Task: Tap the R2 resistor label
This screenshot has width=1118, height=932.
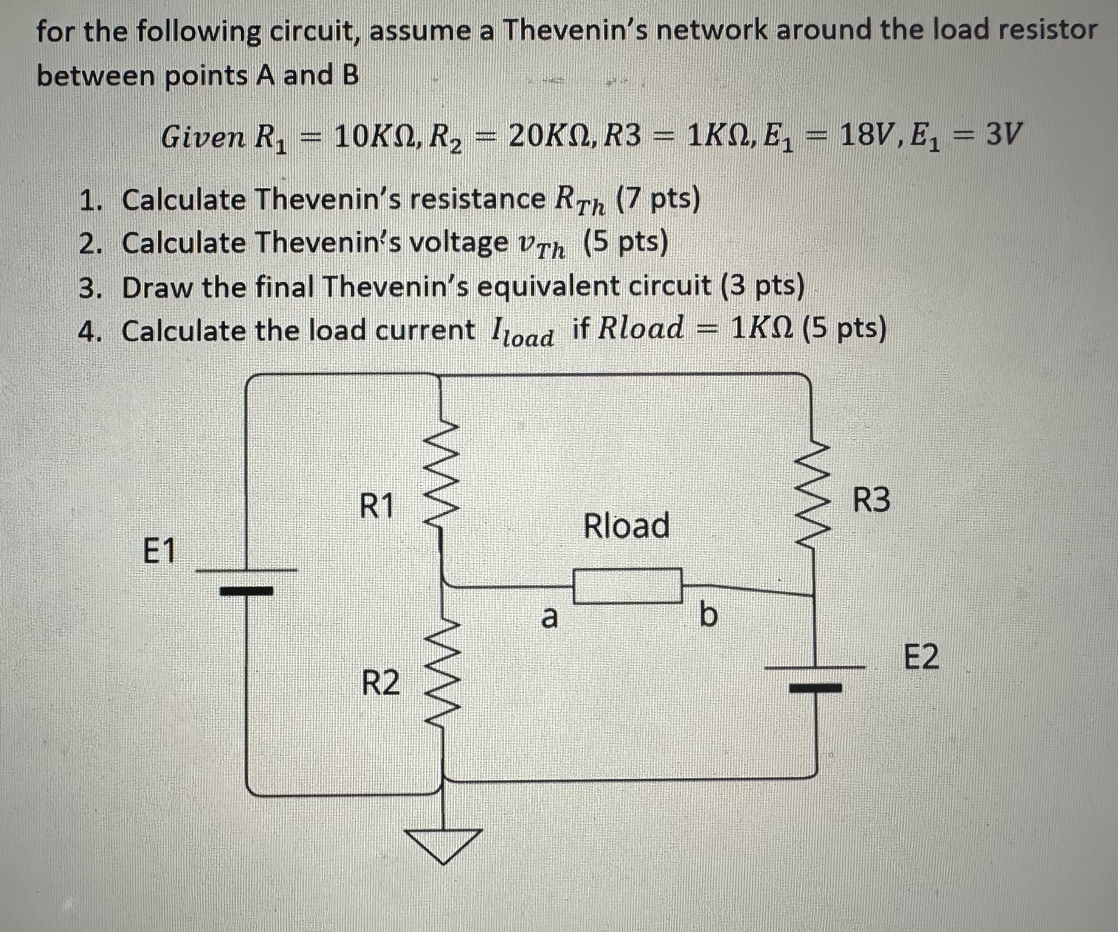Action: (x=380, y=683)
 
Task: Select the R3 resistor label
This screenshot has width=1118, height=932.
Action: (x=871, y=501)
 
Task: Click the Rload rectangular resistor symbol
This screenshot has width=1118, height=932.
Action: (x=627, y=586)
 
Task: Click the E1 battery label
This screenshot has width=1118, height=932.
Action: (x=159, y=551)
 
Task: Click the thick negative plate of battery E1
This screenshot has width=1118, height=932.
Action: (x=247, y=591)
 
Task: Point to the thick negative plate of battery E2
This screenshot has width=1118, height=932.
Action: (x=815, y=688)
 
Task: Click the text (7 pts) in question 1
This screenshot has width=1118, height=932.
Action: (x=657, y=200)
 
